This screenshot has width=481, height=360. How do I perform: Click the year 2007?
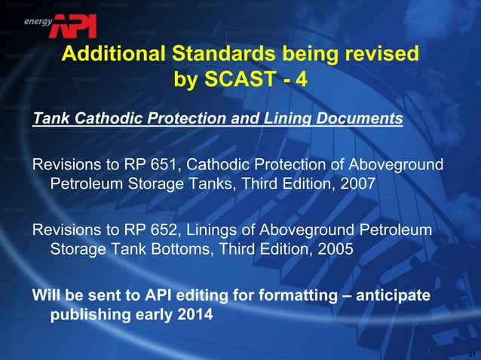(355, 185)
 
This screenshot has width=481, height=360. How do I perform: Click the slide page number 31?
(470, 353)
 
